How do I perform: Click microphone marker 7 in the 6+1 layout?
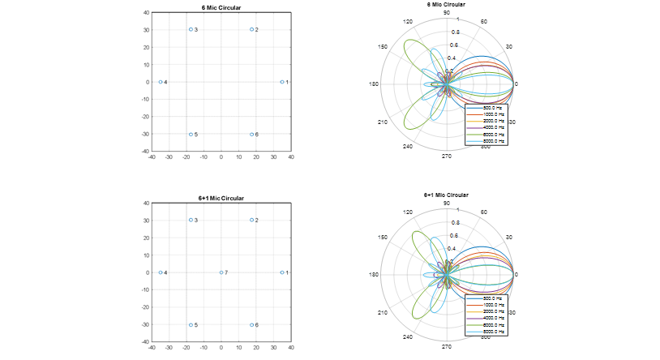[x=221, y=272]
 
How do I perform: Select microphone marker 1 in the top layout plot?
[x=282, y=82]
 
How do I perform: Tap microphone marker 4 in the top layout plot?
[x=161, y=82]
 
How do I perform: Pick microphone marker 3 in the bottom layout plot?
[x=191, y=220]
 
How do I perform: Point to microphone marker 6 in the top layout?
[x=252, y=135]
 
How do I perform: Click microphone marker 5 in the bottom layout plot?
[x=191, y=325]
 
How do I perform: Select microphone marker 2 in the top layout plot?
[x=252, y=29]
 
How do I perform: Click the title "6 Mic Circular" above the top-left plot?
[x=221, y=6]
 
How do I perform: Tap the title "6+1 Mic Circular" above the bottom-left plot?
[x=221, y=198]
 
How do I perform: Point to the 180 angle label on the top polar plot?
[x=374, y=84]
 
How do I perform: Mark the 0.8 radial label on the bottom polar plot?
[x=455, y=222]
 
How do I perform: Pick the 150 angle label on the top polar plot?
[x=383, y=47]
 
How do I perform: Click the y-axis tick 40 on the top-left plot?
[x=145, y=13]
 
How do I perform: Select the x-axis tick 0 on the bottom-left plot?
[x=221, y=347]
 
